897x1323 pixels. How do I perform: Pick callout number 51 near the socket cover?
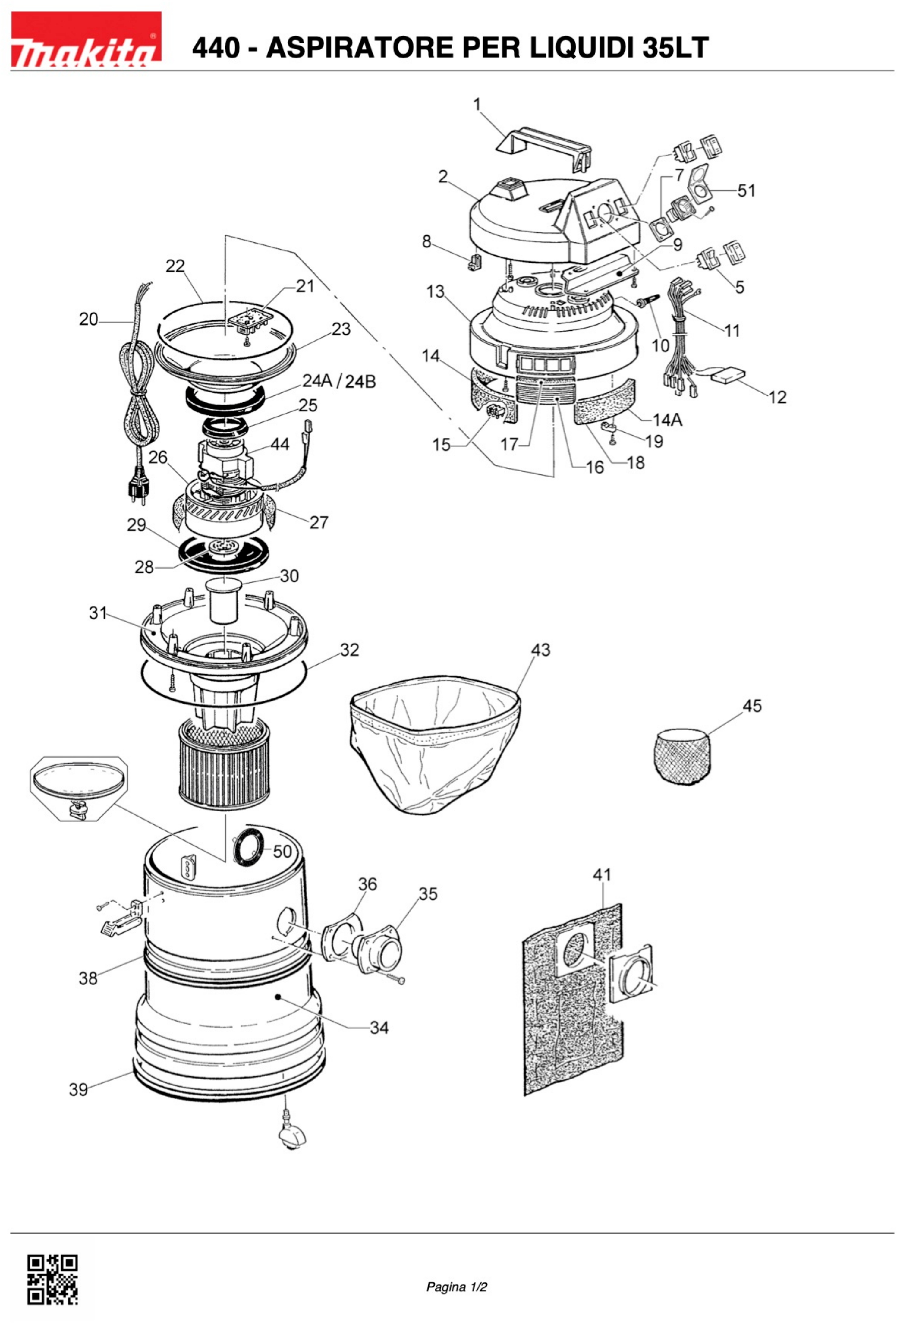coord(746,190)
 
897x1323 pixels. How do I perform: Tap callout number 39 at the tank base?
coord(79,1090)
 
